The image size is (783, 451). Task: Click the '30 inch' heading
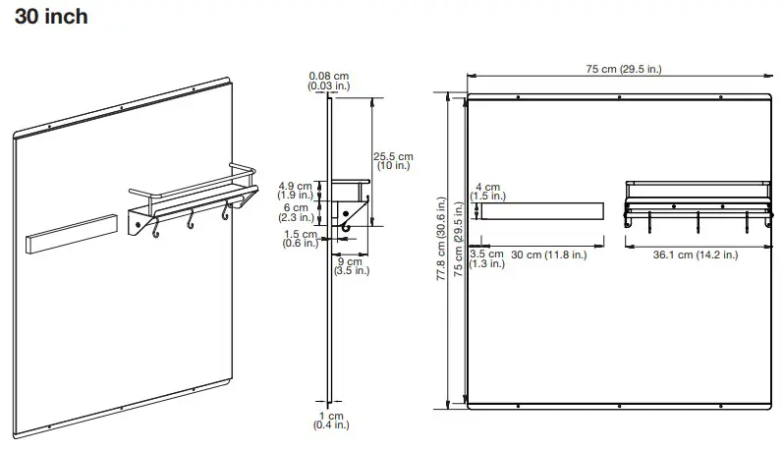coord(51,18)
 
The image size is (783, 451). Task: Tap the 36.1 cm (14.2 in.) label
coord(696,254)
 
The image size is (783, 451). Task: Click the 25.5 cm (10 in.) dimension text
coord(393,162)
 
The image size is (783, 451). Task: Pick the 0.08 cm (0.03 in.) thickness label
coord(328,82)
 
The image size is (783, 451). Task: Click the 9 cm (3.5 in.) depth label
coord(349,265)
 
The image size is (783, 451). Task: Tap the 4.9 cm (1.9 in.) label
coord(295,190)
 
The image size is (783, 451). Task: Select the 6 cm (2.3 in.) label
coord(295,213)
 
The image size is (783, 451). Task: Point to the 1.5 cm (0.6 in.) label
coord(301,239)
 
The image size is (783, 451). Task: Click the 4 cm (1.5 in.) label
coord(487,192)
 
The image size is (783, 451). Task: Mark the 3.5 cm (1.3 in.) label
coord(486,258)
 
